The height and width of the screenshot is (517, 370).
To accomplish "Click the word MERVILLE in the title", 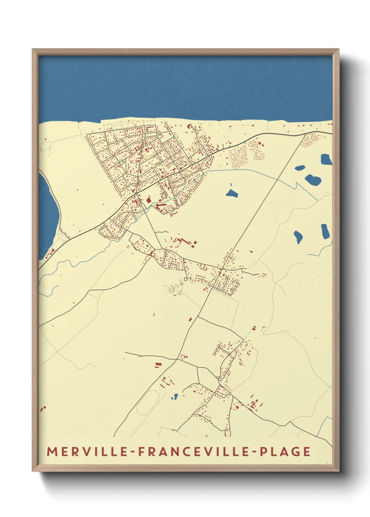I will pyautogui.click(x=88, y=451).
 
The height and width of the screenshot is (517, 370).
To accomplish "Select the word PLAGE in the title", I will pyautogui.click(x=285, y=451).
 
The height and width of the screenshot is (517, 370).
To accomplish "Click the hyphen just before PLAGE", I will pyautogui.click(x=254, y=452).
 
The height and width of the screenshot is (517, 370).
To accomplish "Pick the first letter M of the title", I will pyautogui.click(x=52, y=451).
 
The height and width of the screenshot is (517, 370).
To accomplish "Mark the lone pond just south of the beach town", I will pyautogui.click(x=232, y=193).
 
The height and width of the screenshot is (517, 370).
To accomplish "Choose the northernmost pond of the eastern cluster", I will pyautogui.click(x=326, y=159).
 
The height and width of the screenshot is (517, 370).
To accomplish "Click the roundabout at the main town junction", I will pyautogui.click(x=136, y=193).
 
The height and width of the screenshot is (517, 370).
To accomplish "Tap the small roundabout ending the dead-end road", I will pyautogui.click(x=185, y=279).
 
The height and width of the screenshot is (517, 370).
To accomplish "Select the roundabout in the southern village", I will pyautogui.click(x=218, y=378).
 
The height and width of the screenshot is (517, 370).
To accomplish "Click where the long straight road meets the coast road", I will pyautogui.click(x=305, y=134).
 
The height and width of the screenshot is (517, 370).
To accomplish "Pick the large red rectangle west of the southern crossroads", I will pyautogui.click(x=158, y=364).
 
